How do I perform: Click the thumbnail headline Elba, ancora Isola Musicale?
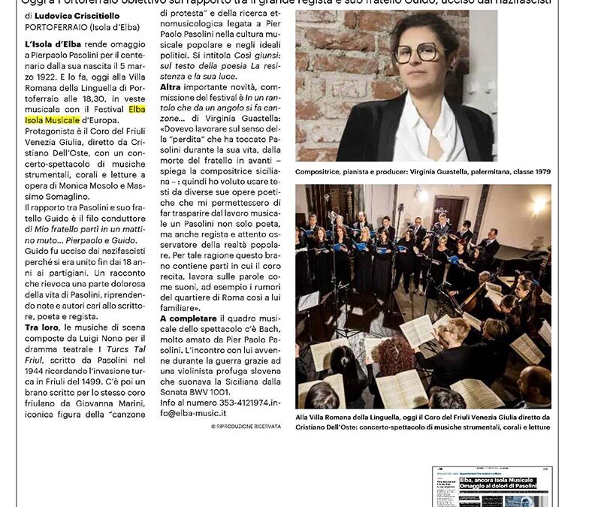click(x=499, y=480)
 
